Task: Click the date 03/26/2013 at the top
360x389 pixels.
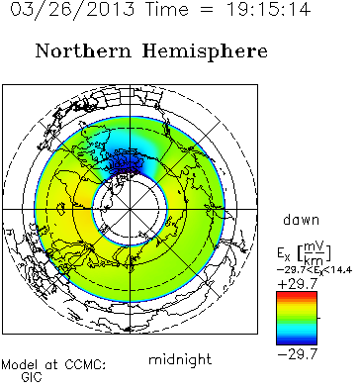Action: click(x=72, y=9)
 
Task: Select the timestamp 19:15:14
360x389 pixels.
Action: click(x=268, y=9)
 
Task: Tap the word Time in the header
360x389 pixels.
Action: click(x=167, y=9)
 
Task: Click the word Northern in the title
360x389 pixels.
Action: click(x=83, y=51)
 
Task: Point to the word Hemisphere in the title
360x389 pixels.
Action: click(x=205, y=52)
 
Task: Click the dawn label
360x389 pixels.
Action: click(x=302, y=220)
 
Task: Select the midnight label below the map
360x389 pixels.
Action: click(x=180, y=359)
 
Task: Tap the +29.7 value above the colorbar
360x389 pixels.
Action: click(x=298, y=283)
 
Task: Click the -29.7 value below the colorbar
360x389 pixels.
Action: click(x=298, y=354)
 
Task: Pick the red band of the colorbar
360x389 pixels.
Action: click(x=297, y=295)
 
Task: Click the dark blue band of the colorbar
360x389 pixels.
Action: click(x=297, y=340)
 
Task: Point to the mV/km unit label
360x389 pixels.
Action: click(x=314, y=252)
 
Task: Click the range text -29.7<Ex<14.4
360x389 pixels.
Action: click(x=315, y=270)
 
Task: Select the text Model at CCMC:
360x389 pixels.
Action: click(x=53, y=365)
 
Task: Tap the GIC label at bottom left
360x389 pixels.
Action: click(x=32, y=377)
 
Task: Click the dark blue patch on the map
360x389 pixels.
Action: click(x=128, y=162)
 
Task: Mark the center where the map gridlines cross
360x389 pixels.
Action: click(x=130, y=209)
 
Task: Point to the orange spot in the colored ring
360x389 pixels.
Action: click(x=83, y=201)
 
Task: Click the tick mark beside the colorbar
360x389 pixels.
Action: click(x=318, y=318)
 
